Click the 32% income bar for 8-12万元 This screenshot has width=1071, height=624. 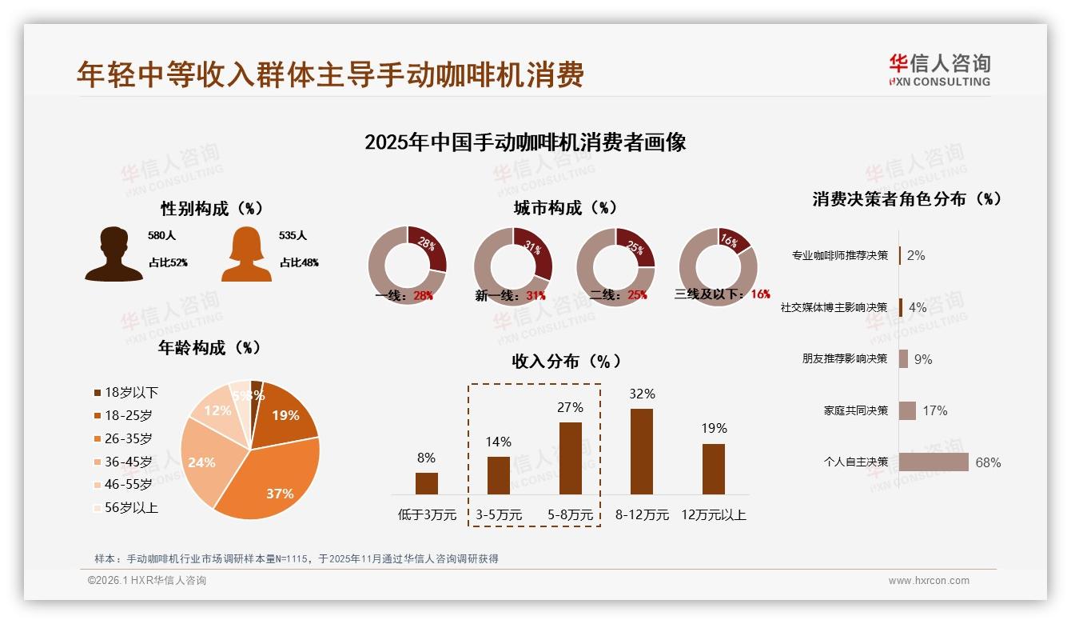click(642, 451)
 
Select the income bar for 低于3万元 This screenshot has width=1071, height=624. click(427, 483)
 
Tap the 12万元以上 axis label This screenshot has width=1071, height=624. click(713, 515)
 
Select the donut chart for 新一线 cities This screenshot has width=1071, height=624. click(513, 266)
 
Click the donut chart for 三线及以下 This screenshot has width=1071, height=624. click(718, 266)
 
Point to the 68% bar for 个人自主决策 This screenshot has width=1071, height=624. click(934, 462)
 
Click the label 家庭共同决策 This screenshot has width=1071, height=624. click(855, 410)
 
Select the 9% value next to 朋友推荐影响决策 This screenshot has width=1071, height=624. click(923, 359)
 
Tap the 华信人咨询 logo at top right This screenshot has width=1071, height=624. click(940, 70)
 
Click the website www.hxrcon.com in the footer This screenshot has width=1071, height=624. click(929, 581)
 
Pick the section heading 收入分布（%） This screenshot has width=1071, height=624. click(567, 362)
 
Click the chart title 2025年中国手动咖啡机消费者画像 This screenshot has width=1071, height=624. click(525, 142)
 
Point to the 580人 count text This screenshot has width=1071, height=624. click(161, 236)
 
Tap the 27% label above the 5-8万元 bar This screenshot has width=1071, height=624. click(570, 407)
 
